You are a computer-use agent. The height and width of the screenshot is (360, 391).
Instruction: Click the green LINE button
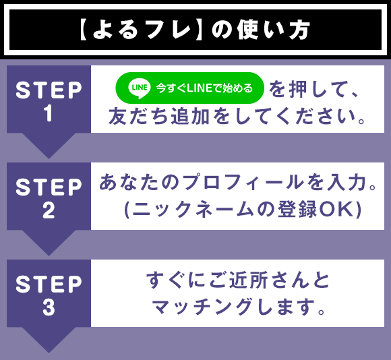coord(190,88)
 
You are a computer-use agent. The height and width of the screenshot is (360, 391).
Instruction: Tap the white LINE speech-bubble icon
coord(139,88)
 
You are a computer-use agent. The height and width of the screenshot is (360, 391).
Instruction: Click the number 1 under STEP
coord(49,114)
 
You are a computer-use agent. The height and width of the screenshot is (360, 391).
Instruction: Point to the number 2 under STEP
coord(49,211)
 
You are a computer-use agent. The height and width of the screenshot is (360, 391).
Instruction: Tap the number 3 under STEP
coord(49,308)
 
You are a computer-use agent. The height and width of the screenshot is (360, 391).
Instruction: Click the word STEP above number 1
coord(49,90)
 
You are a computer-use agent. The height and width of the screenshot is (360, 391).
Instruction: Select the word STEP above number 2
coord(49,187)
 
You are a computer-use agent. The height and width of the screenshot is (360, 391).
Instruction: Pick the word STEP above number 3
coord(49,284)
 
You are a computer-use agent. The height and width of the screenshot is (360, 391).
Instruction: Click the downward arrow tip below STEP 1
coord(49,154)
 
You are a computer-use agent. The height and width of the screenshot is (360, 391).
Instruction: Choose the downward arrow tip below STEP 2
coord(49,251)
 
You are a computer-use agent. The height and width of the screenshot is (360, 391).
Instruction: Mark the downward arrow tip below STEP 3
coord(49,348)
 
